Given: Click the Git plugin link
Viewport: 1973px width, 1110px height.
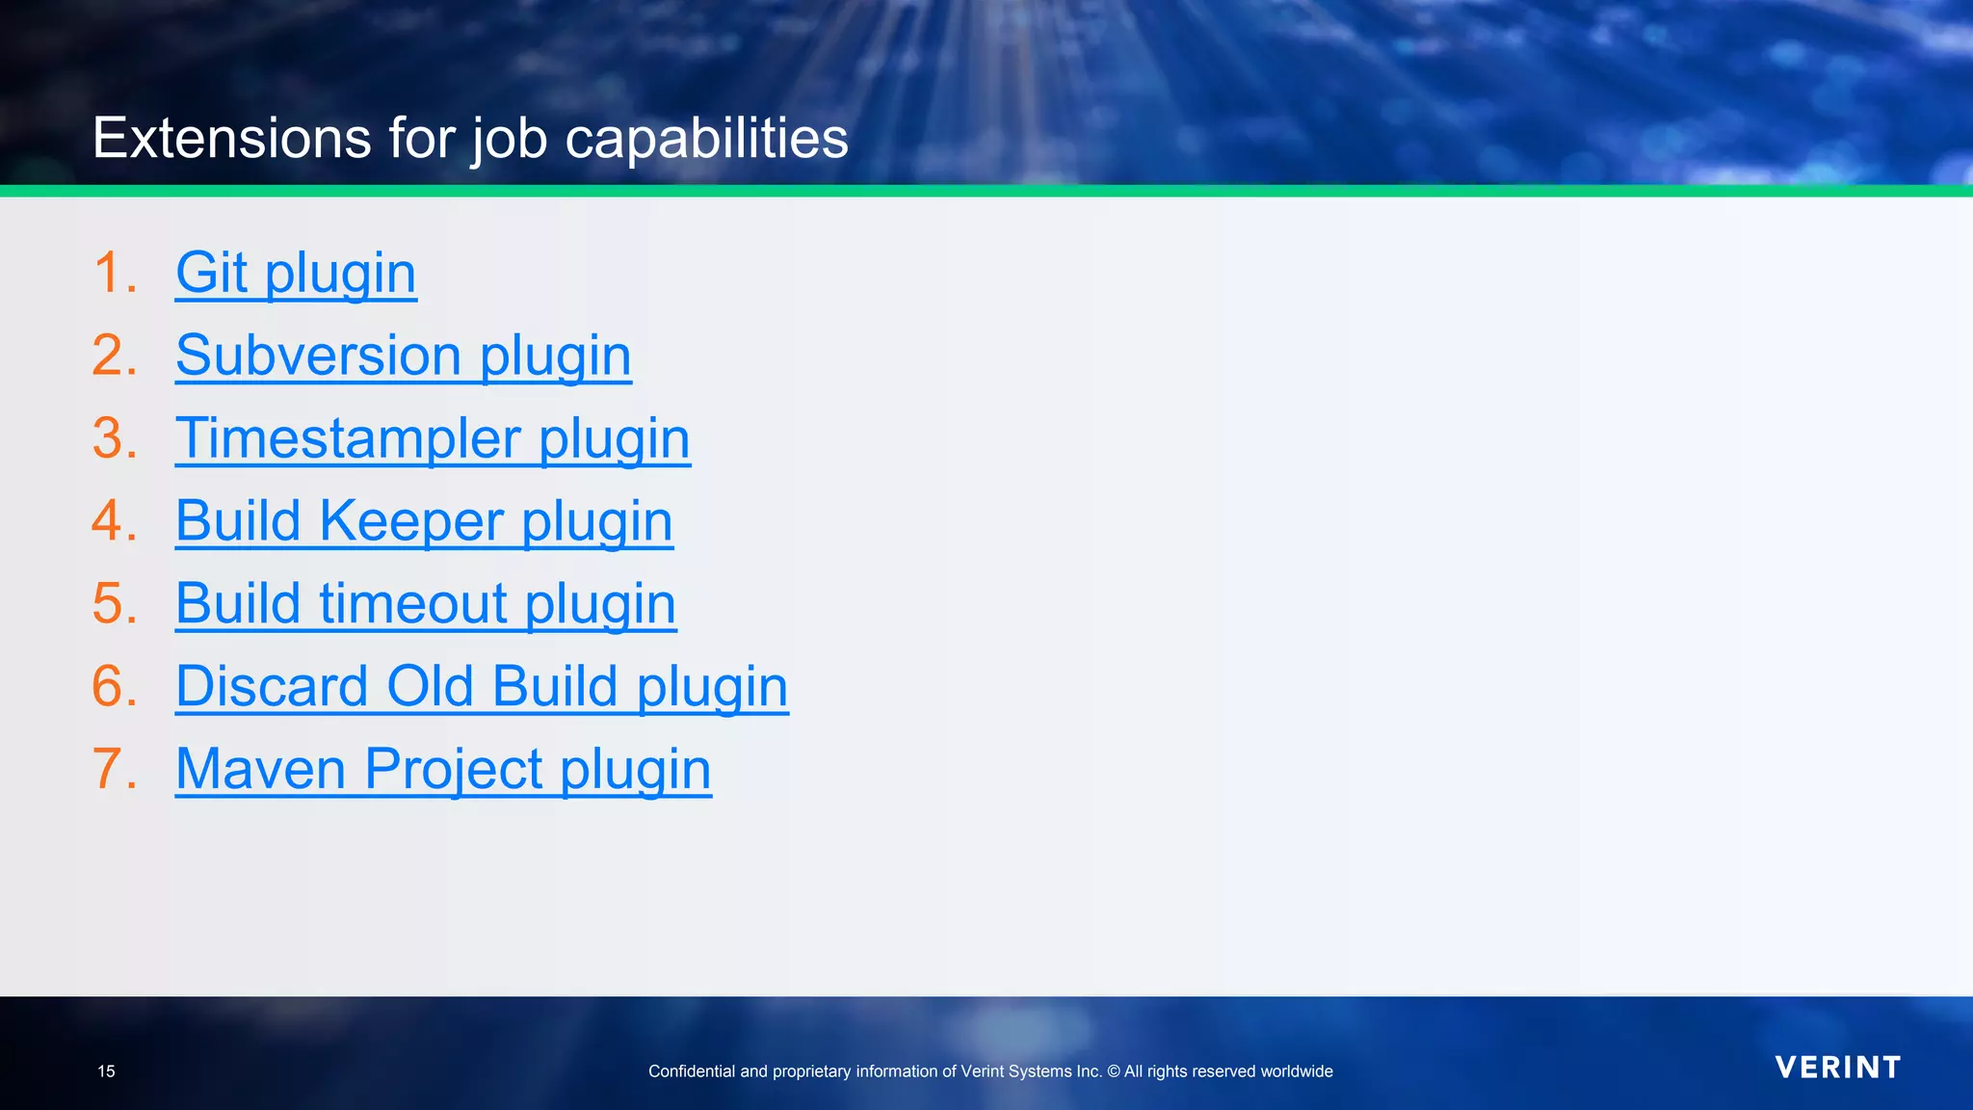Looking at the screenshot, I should tap(296, 273).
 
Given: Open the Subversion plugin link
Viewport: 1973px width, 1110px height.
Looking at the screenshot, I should tap(403, 356).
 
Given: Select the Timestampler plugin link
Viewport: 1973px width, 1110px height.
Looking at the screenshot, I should tap(433, 438).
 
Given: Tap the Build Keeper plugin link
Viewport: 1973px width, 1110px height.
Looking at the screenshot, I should tap(424, 521).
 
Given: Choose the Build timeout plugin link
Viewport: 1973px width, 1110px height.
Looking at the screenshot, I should tap(426, 604).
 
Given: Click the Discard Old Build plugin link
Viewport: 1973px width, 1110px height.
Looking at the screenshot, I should tap(482, 687).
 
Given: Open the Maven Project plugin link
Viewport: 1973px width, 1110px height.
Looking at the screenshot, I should tap(443, 770).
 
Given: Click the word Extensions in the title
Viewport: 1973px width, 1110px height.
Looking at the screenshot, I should tap(231, 138).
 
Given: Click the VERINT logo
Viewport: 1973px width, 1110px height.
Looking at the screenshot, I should tap(1837, 1068).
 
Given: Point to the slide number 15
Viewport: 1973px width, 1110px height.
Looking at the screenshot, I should tap(106, 1071).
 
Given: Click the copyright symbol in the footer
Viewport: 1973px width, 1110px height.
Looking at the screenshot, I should tap(1113, 1071).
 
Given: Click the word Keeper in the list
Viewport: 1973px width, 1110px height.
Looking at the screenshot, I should tap(411, 521).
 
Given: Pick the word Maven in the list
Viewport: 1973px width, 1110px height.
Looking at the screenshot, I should tap(260, 770).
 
